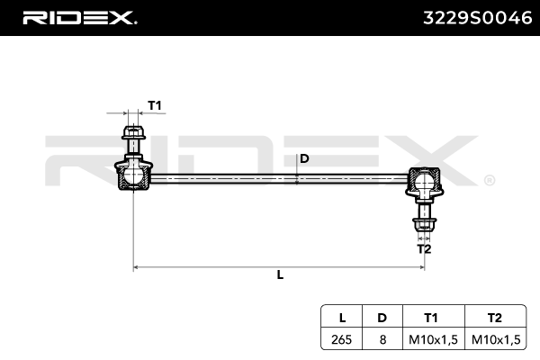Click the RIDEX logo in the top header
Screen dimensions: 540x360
click(78, 17)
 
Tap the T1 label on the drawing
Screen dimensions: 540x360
click(155, 106)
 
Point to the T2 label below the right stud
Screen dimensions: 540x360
click(423, 248)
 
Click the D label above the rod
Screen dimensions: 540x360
click(304, 159)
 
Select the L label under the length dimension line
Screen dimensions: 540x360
click(280, 275)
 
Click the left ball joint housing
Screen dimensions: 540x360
click(132, 174)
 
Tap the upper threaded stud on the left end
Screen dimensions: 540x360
click(132, 139)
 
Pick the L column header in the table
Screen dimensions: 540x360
click(342, 318)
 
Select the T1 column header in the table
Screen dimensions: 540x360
click(431, 318)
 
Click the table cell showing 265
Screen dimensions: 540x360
click(342, 339)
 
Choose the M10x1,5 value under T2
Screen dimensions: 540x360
click(496, 339)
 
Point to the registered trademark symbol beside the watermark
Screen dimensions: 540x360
click(489, 179)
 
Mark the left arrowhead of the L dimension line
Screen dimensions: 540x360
click(136, 267)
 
